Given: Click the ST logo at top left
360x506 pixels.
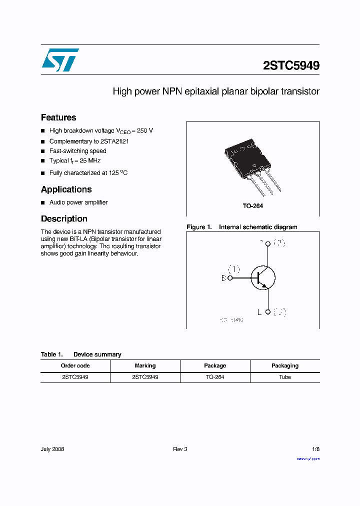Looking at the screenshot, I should [x=60, y=59].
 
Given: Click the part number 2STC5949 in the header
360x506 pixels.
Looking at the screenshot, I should [x=291, y=65].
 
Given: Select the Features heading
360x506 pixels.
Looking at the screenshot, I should [x=58, y=117].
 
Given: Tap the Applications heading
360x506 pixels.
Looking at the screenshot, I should [x=66, y=189].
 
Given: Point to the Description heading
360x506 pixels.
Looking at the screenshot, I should [x=64, y=218].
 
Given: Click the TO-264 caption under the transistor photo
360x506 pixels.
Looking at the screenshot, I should [x=253, y=206].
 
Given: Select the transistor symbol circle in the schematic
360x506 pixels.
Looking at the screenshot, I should [x=263, y=278].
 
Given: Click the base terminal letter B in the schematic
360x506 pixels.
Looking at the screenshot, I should [x=223, y=278].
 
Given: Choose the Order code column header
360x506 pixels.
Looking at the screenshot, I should [x=75, y=365].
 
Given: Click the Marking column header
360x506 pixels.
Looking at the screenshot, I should [x=145, y=365].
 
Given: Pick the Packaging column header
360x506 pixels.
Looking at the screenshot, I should [x=285, y=365].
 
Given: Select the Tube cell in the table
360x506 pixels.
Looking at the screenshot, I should [x=285, y=377].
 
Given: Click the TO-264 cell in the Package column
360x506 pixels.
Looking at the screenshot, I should [x=215, y=377].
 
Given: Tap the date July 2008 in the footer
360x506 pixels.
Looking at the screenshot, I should [x=52, y=449].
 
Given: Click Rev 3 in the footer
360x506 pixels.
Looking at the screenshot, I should [x=180, y=449].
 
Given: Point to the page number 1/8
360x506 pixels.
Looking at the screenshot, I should [x=315, y=449].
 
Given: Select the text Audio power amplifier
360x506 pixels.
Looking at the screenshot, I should [x=78, y=202].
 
